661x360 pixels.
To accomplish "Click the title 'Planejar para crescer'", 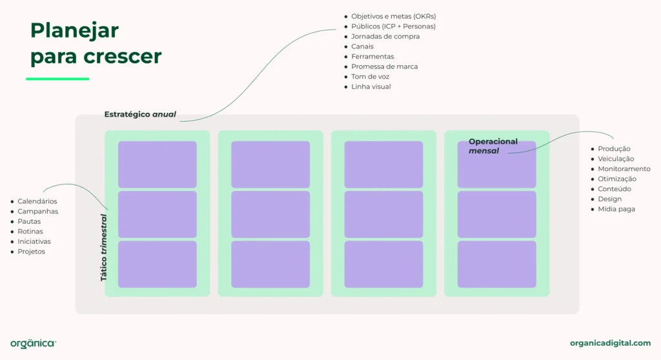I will (x=96, y=43).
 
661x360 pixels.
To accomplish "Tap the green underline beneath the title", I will (x=57, y=79).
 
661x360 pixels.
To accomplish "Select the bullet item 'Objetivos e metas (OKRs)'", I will (x=398, y=16).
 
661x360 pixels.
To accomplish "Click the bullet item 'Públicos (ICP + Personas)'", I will (x=393, y=26).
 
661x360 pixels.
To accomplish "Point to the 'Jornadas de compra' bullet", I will (x=385, y=36).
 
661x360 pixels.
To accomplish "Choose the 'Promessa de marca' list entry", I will (x=384, y=66).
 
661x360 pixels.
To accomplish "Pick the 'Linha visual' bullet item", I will (x=371, y=86).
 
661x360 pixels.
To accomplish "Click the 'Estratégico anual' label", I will (x=140, y=114).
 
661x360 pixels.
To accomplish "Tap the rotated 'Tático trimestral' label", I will (x=103, y=248).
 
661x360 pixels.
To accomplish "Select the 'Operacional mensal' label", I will (x=493, y=146).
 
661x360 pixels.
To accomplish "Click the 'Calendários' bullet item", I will (x=37, y=201).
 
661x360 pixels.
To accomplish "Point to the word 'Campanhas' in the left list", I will (x=37, y=211).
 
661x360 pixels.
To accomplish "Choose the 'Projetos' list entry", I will (x=31, y=252).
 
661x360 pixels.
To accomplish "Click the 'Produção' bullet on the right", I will (x=614, y=148).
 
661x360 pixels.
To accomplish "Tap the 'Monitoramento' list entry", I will (x=624, y=169).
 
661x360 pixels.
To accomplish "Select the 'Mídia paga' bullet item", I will (x=616, y=209).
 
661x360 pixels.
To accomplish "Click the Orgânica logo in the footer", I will (x=33, y=343).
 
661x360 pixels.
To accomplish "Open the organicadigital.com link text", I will (x=610, y=343).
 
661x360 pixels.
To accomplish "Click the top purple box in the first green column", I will (x=158, y=165).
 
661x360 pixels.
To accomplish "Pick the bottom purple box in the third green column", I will (x=383, y=264).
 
